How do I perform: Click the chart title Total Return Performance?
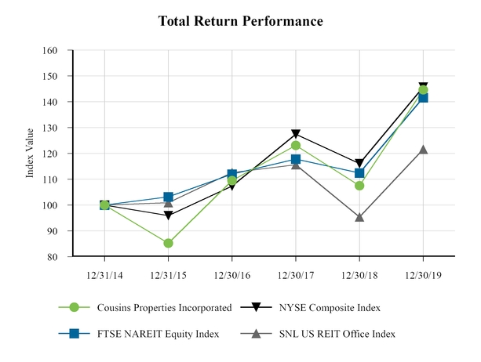pyautogui.click(x=240, y=21)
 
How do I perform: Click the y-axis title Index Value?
pyautogui.click(x=31, y=154)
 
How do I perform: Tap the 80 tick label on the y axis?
pyautogui.click(x=52, y=257)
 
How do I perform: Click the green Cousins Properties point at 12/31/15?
pyautogui.click(x=168, y=243)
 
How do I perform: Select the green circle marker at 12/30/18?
pyautogui.click(x=359, y=186)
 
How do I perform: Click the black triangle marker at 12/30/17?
pyautogui.click(x=296, y=135)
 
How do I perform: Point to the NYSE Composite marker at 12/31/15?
pyautogui.click(x=168, y=215)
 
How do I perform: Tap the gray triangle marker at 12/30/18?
pyautogui.click(x=359, y=217)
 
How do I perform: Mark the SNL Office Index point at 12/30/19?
pyautogui.click(x=424, y=149)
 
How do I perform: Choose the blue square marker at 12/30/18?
pyautogui.click(x=359, y=173)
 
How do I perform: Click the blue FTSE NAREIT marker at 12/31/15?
pyautogui.click(x=168, y=197)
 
